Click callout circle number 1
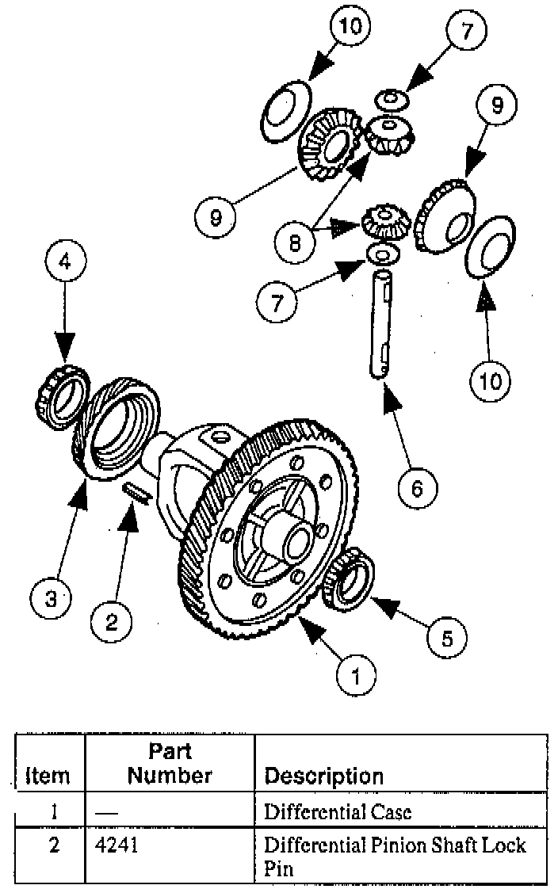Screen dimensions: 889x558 357,676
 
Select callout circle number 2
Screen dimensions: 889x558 112,622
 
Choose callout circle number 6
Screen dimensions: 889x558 417,487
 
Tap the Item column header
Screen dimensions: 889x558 48,776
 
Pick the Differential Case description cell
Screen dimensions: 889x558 338,811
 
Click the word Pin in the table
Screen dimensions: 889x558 279,868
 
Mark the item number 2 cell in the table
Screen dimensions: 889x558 53,845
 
